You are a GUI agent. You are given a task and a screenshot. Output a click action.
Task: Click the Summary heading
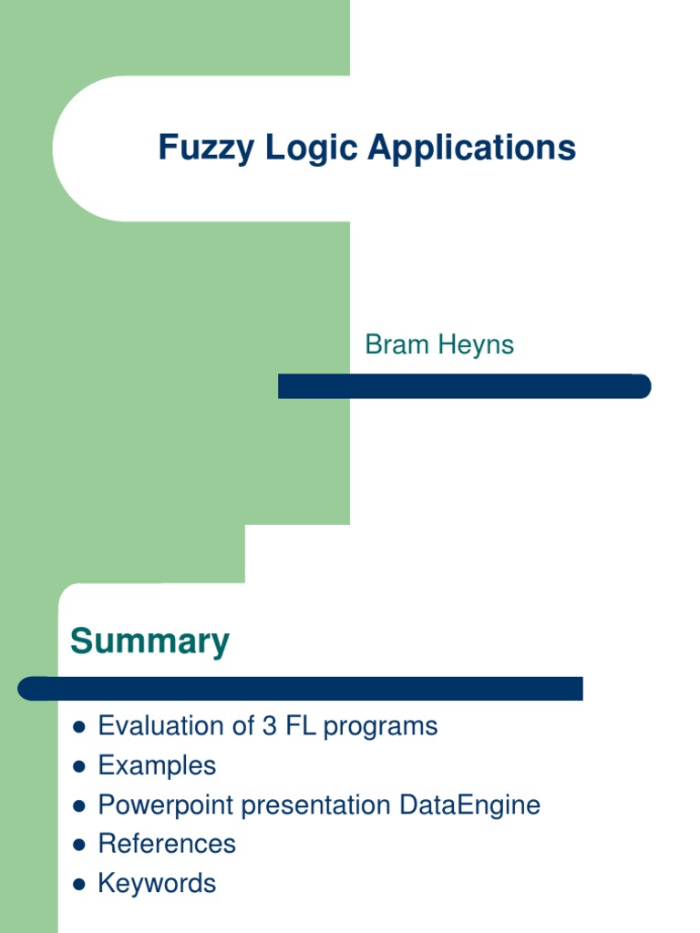149,642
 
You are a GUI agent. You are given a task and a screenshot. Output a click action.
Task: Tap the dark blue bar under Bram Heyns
464,386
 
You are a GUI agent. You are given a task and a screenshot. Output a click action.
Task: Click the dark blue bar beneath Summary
301,689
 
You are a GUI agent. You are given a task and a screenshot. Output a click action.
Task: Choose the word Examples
157,765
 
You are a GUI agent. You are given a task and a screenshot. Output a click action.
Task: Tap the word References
167,844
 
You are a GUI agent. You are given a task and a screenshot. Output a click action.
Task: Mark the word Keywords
157,884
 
